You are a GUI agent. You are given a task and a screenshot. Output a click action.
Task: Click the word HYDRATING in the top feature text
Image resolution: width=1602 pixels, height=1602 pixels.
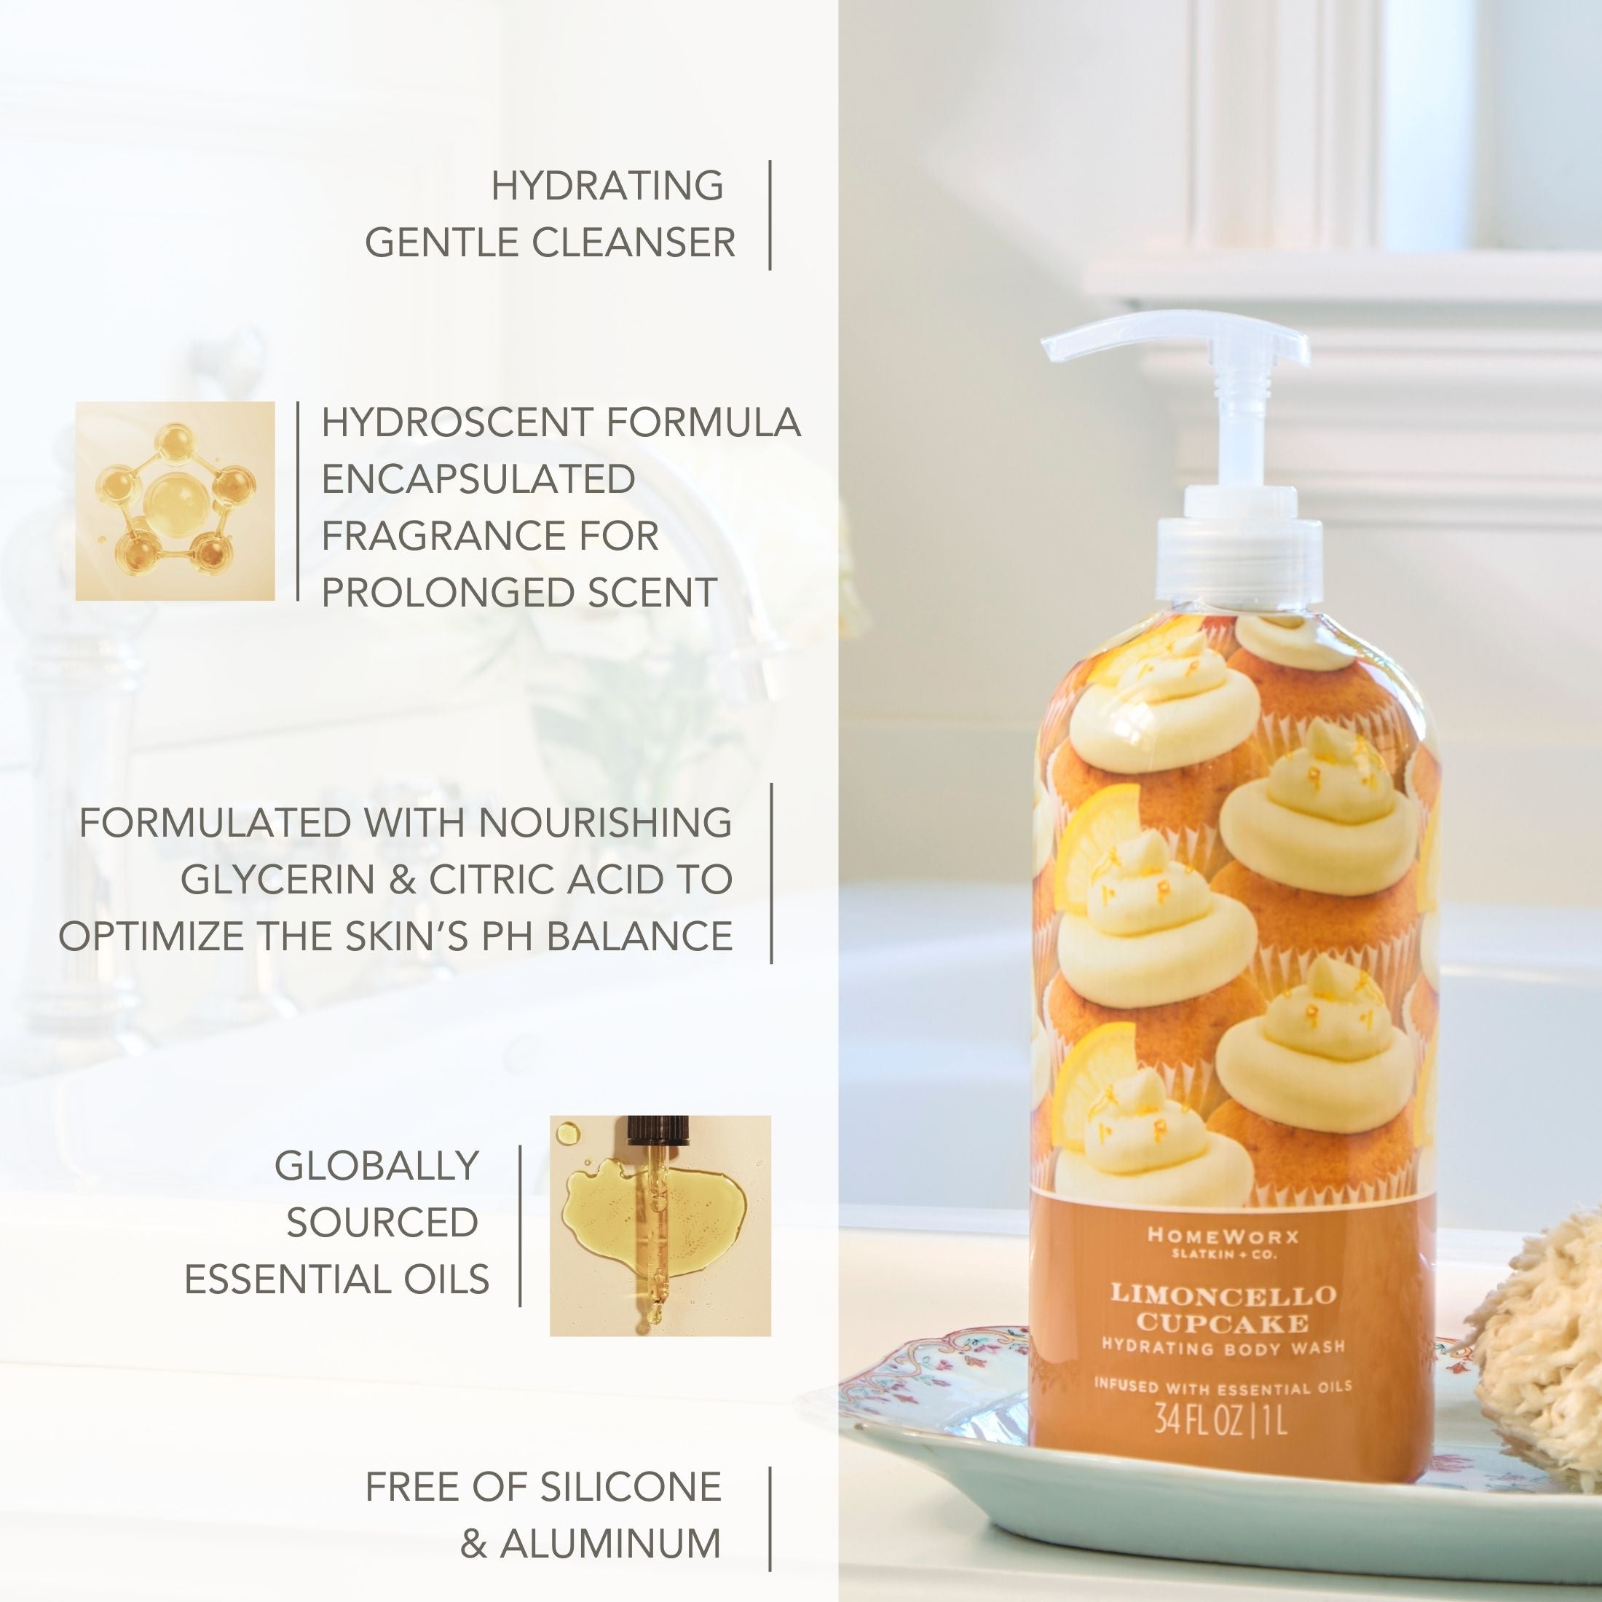[x=607, y=186]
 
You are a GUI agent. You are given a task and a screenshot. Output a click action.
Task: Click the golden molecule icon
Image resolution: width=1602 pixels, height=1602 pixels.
[x=175, y=501]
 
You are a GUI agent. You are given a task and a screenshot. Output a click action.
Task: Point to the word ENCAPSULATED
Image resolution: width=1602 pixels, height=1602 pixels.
[x=478, y=479]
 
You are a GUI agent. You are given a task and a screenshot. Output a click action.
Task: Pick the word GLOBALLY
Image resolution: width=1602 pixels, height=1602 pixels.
[x=376, y=1166]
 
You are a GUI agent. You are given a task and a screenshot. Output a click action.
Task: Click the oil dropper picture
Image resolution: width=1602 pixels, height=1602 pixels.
[x=660, y=1226]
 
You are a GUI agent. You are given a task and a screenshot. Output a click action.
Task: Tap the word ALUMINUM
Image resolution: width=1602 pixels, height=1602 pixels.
[x=610, y=1544]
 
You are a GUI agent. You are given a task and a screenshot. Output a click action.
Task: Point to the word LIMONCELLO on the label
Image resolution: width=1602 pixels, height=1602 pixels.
[x=1223, y=1295]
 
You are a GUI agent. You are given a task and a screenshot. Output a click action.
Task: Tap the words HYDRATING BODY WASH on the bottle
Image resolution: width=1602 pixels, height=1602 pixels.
[x=1223, y=1349]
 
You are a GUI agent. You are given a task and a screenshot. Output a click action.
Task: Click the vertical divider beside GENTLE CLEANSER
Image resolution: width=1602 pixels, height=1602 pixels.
[x=770, y=215]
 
